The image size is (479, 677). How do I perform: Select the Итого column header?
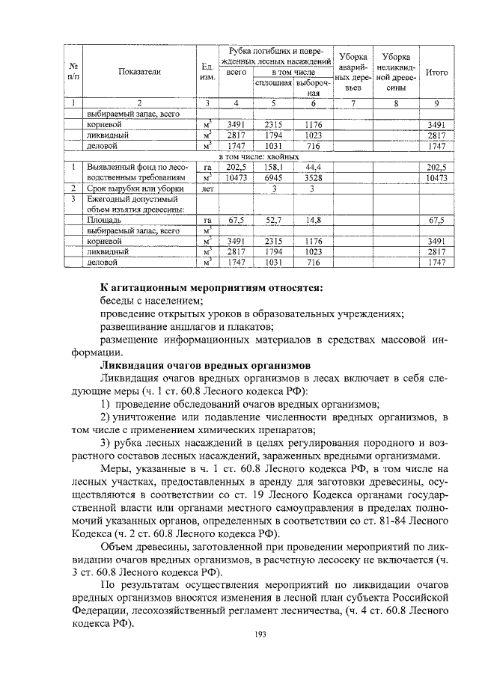tap(436, 72)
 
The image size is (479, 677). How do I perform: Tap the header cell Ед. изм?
tap(208, 72)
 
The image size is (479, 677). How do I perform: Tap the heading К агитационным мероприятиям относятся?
tap(212, 288)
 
